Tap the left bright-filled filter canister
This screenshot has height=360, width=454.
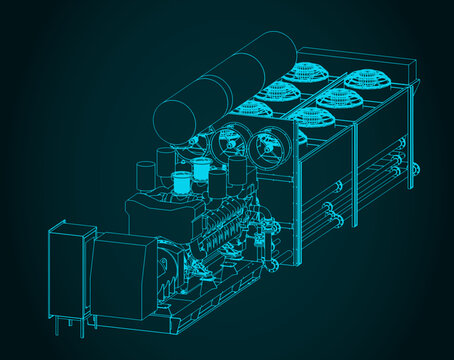tap(181, 183)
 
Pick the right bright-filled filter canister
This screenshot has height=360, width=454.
tap(217, 181)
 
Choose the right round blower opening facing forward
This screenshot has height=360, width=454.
tap(268, 149)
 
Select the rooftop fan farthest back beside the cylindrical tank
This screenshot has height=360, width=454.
tap(299, 71)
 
